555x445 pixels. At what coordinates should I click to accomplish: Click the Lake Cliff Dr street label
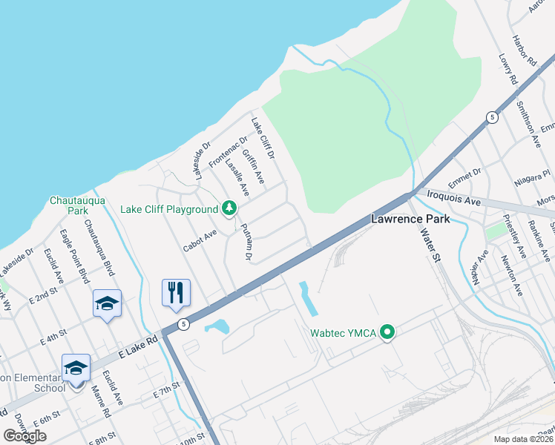coord(263,139)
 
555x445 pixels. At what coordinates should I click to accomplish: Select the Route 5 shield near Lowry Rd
coord(491,118)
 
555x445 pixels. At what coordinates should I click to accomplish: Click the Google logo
coord(25,435)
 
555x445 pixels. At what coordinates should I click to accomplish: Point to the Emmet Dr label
coord(464,178)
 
